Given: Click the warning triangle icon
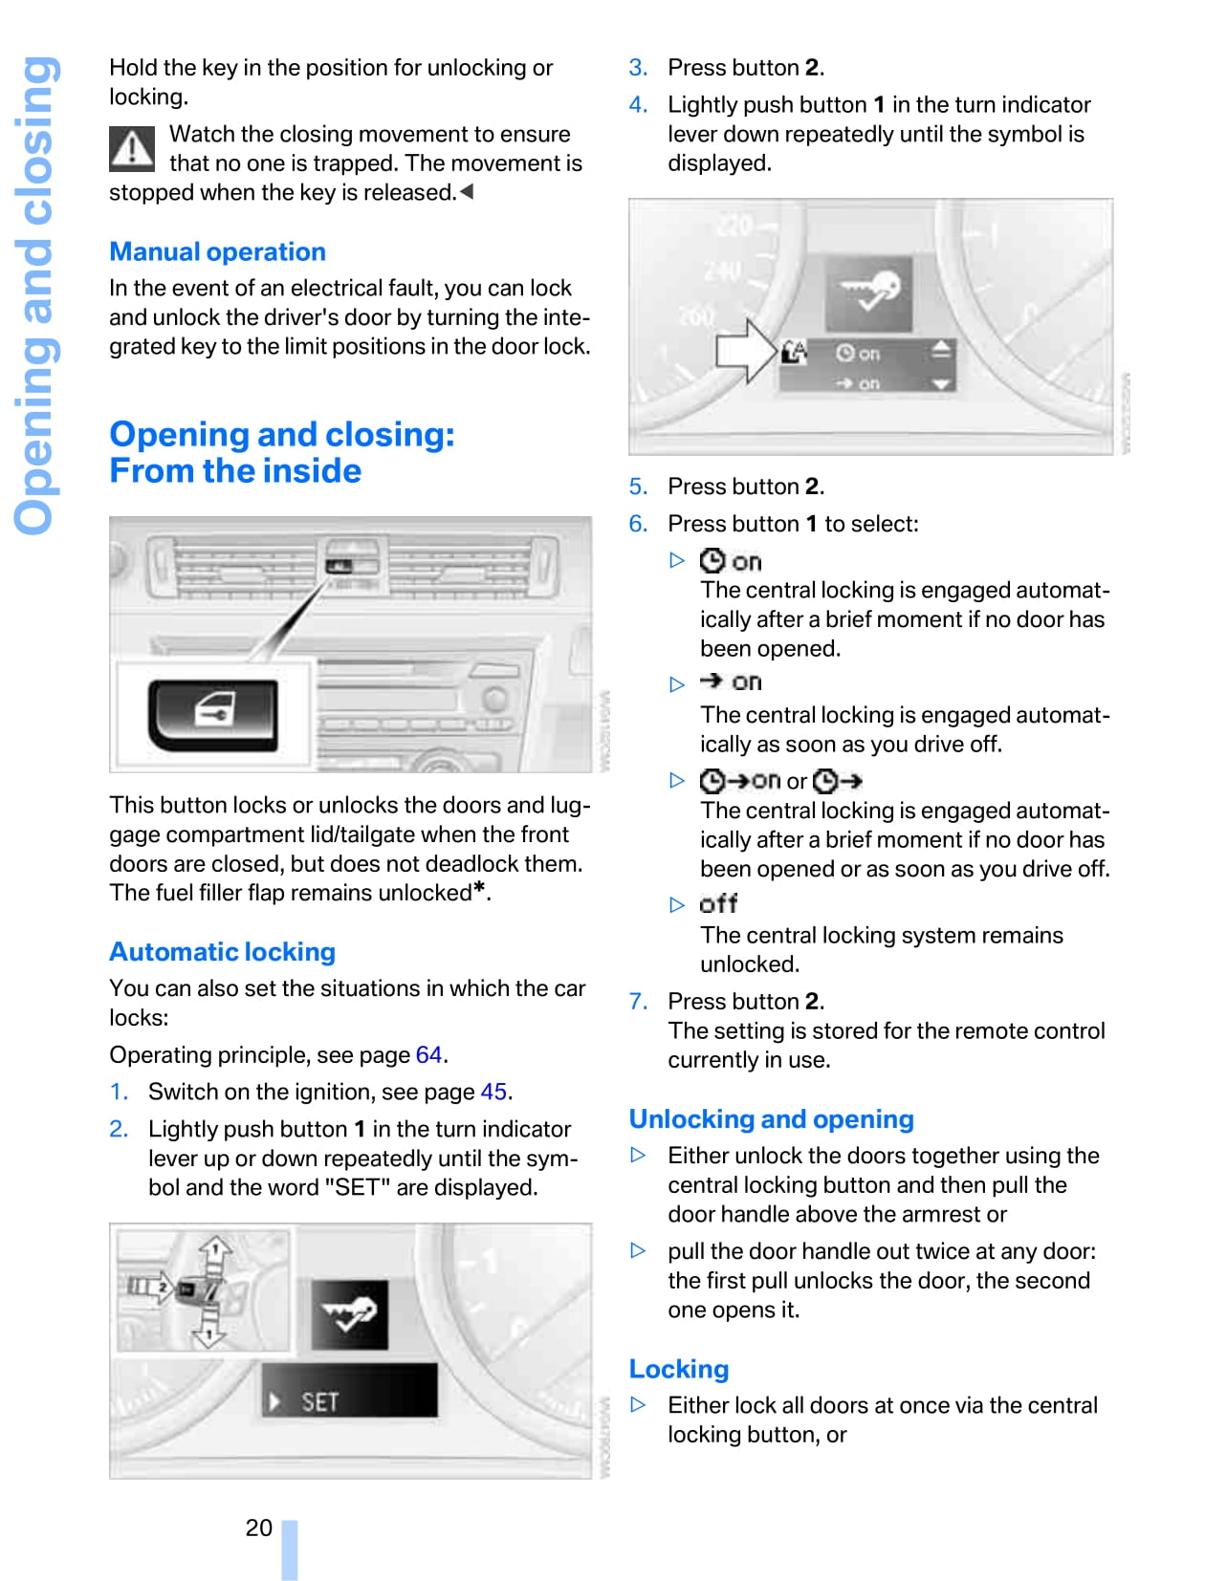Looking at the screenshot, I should pos(132,148).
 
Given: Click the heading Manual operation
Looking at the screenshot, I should pos(217,251).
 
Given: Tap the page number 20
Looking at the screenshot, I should pos(258,1527).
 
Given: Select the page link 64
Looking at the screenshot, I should pos(428,1054).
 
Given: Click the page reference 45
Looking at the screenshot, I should pos(493,1092).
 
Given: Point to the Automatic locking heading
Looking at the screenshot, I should pos(222,951).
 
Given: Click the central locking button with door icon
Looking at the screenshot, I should pos(213,713).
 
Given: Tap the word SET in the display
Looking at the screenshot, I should pos(319,1401).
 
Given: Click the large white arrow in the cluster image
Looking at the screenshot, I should pos(746,351).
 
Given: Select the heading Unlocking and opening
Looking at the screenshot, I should pos(771,1118).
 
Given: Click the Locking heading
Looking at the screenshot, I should pos(678,1369).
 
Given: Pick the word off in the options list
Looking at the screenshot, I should pos(718,903).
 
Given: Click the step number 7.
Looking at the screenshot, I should pos(638,1001).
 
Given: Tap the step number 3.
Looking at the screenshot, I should pos(638,68).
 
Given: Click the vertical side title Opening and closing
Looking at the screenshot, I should pos(35,296).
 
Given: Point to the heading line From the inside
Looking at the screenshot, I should pos(235,471).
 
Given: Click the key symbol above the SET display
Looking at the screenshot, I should pos(349,1314).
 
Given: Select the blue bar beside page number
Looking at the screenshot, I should pos(289,1549).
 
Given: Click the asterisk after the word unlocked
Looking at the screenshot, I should pos(480,888).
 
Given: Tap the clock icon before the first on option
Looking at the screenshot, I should pos(712,560).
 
